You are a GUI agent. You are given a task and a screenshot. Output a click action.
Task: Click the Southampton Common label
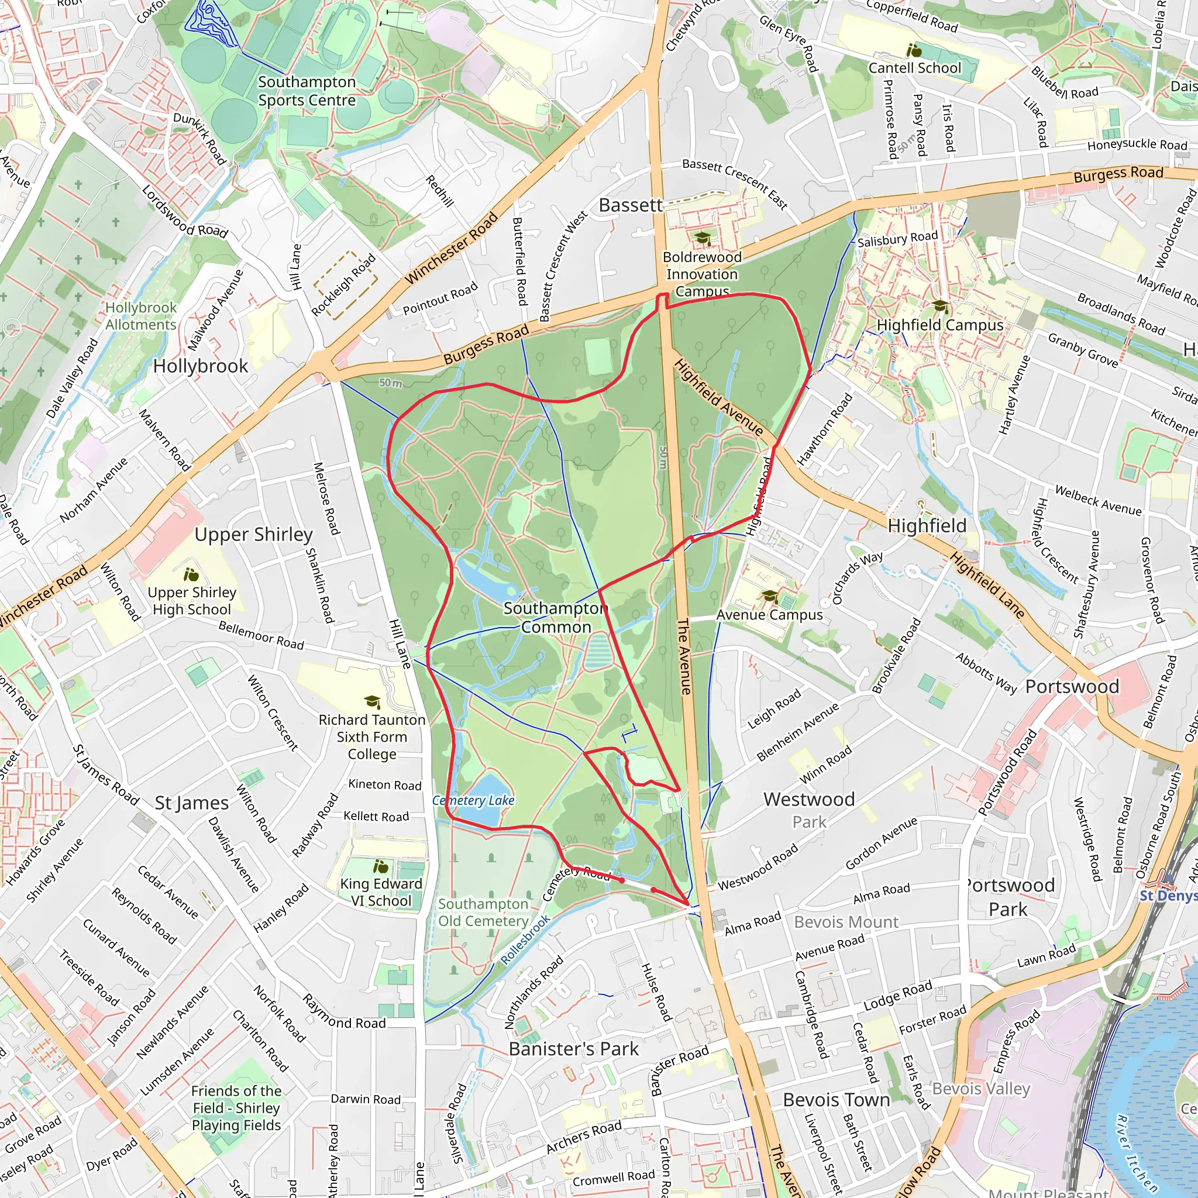pyautogui.click(x=555, y=618)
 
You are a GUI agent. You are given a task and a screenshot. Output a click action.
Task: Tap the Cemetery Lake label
pyautogui.click(x=473, y=801)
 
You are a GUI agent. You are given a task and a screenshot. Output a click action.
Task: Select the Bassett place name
pyautogui.click(x=630, y=205)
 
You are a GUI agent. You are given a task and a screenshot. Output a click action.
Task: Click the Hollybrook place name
pyautogui.click(x=200, y=366)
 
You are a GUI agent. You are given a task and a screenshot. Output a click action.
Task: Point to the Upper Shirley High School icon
pyautogui.click(x=192, y=574)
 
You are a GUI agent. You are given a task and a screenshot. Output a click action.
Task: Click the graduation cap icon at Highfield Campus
pyautogui.click(x=939, y=307)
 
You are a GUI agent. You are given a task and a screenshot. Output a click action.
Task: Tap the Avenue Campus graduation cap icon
pyautogui.click(x=770, y=597)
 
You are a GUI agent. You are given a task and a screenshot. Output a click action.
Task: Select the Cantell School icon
pyautogui.click(x=914, y=50)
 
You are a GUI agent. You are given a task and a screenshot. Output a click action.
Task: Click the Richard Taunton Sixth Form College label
pyautogui.click(x=371, y=736)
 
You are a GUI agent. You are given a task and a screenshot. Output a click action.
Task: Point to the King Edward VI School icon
pyautogui.click(x=381, y=866)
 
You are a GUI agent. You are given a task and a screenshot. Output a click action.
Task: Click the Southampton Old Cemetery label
pyautogui.click(x=483, y=912)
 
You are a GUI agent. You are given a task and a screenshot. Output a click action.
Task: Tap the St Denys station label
pyautogui.click(x=1168, y=896)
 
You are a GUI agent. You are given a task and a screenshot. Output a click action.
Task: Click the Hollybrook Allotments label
pyautogui.click(x=141, y=316)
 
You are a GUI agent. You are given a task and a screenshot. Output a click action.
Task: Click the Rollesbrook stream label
pyautogui.click(x=525, y=940)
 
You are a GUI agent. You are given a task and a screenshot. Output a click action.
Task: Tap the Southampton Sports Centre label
pyautogui.click(x=307, y=91)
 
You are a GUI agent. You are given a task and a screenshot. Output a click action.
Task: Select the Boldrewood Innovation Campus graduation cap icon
pyautogui.click(x=702, y=239)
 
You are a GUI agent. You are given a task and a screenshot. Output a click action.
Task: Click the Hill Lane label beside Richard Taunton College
pyautogui.click(x=400, y=643)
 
